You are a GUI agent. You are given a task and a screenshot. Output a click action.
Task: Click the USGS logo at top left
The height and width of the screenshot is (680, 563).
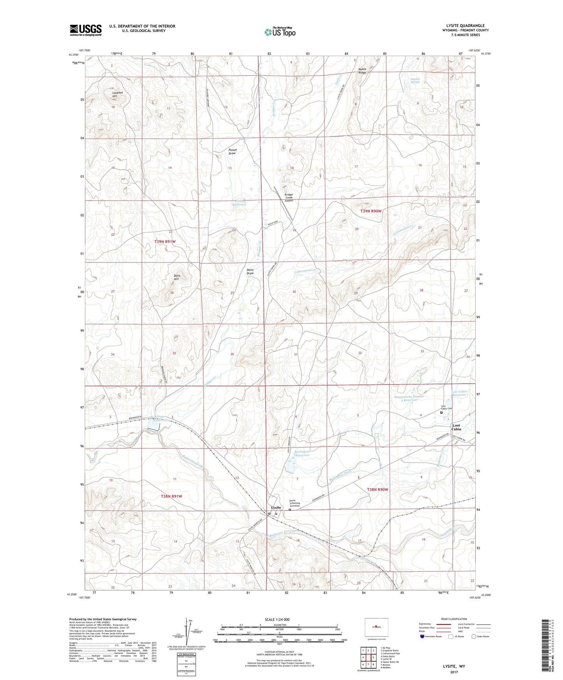pos(85,30)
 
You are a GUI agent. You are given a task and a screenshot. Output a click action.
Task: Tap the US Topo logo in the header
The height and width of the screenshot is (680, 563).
pos(279,32)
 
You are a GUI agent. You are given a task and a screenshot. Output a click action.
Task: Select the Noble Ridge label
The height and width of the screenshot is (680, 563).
pos(362,71)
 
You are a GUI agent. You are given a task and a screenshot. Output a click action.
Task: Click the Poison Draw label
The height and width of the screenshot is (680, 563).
pos(232,152)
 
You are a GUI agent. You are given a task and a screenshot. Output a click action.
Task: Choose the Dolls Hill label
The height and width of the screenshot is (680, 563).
pos(176,277)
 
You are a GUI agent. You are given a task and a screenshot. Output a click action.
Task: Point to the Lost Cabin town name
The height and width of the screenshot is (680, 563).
pos(456,427)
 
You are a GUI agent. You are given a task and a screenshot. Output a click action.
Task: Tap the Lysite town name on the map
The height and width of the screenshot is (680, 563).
pos(276,508)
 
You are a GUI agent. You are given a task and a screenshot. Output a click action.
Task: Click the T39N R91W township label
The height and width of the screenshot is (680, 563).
pos(165,242)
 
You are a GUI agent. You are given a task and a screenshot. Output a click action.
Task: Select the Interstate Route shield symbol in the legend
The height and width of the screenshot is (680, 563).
pos(422,637)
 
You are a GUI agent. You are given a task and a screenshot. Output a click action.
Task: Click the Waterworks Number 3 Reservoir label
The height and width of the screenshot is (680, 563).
pos(409,398)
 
